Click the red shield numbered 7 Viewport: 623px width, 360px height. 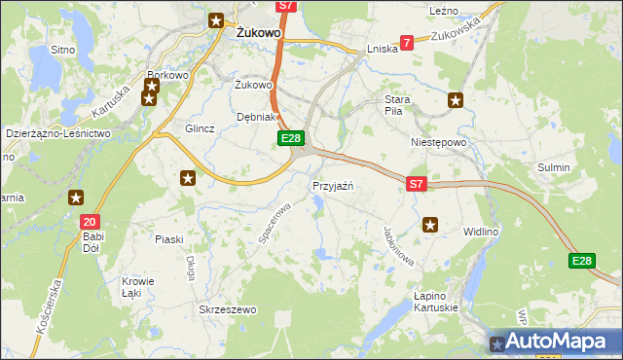[x=406, y=42]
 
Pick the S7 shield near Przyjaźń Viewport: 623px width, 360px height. [x=417, y=183]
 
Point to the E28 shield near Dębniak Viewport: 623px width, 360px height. [x=291, y=139]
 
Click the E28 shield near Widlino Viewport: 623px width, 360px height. [x=581, y=260]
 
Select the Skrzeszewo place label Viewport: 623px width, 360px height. [x=227, y=309]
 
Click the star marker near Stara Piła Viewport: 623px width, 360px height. [x=456, y=99]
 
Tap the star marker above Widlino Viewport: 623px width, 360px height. [x=431, y=226]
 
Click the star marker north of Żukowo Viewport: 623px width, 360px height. [x=216, y=19]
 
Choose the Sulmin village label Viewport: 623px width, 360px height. [x=554, y=167]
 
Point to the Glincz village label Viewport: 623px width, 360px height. [x=200, y=128]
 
